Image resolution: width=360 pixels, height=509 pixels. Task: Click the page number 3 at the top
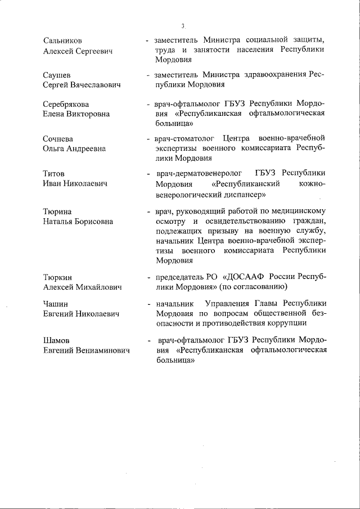183,26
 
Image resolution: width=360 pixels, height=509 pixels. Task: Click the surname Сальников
62,41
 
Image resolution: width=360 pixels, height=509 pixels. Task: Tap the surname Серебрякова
66,105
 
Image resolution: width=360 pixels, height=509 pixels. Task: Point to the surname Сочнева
58,139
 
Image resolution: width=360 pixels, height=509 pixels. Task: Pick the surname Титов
54,173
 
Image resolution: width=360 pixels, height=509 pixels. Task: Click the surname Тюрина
57,211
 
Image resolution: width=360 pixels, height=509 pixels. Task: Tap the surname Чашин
56,304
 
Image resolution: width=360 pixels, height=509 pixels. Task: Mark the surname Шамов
56,340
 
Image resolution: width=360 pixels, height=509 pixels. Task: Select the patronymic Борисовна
92,222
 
